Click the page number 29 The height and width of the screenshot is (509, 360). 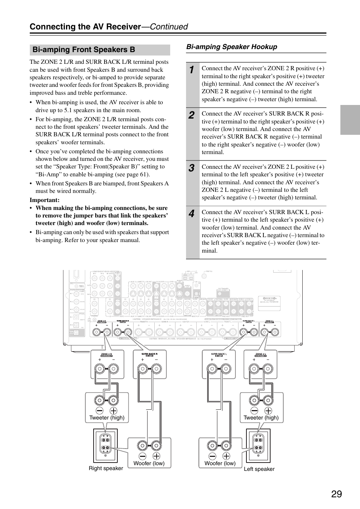point(337,494)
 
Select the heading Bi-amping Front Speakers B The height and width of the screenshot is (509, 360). point(84,49)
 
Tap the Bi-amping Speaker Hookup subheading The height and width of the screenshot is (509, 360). point(232,47)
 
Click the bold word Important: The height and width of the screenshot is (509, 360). point(45,200)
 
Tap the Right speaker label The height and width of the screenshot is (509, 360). point(106,468)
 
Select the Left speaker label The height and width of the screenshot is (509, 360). point(259,469)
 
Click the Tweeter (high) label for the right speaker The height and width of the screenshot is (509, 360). point(107,418)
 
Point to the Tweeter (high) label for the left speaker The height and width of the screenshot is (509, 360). point(261,418)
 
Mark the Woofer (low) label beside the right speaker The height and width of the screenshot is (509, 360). point(149,463)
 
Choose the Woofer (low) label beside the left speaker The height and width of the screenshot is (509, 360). point(220,463)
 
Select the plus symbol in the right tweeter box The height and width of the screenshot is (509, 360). point(113,411)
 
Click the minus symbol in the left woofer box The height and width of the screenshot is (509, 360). point(212,456)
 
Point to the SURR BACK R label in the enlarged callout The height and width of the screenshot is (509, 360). point(149,354)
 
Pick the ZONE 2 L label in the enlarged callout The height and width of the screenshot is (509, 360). point(261,354)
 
